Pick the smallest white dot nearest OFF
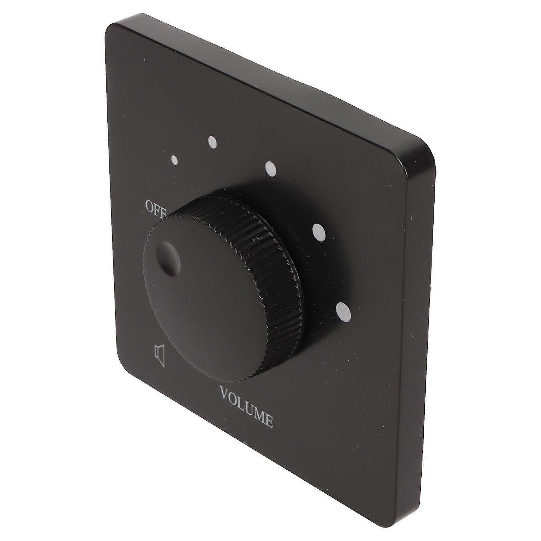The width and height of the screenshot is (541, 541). click(x=175, y=161)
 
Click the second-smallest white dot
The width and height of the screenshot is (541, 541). click(x=213, y=142)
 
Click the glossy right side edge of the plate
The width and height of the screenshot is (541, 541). click(x=419, y=338)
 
